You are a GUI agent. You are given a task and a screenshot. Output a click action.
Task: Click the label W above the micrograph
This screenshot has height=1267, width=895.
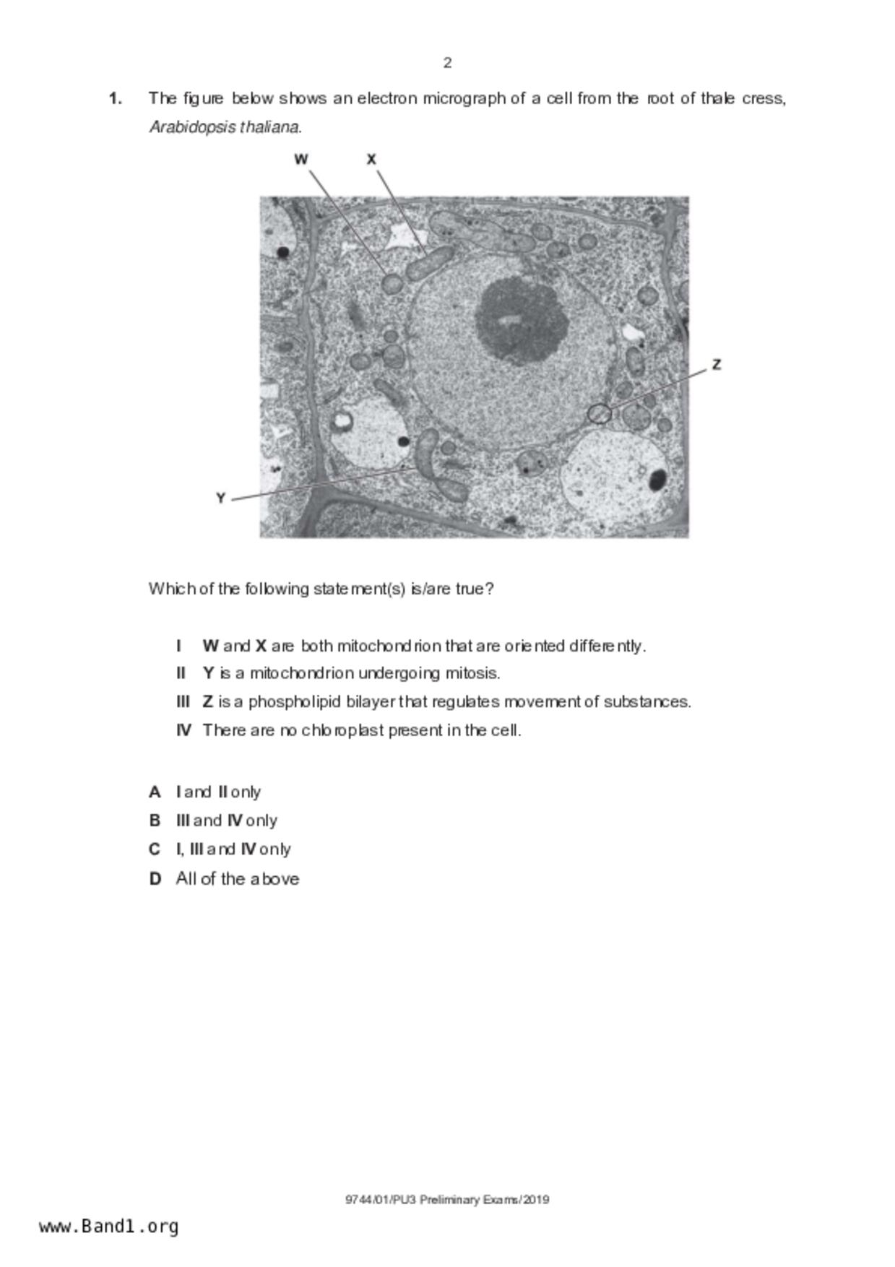301,160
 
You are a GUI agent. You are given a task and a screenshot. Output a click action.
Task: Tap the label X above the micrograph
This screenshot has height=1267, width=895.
371,160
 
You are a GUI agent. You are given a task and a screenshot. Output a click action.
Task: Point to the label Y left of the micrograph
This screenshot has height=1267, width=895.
221,498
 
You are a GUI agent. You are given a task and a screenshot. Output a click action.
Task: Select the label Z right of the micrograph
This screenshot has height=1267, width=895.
716,365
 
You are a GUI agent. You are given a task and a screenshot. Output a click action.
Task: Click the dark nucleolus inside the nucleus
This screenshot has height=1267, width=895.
519,320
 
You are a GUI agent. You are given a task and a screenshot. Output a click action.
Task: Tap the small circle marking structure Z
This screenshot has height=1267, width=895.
599,414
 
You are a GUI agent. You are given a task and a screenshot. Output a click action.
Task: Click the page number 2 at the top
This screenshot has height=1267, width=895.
447,63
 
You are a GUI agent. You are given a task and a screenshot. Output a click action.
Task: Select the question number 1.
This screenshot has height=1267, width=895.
115,98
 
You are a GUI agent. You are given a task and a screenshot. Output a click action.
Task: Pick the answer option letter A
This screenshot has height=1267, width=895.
155,792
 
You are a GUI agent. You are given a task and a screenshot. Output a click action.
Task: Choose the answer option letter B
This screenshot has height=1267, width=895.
155,821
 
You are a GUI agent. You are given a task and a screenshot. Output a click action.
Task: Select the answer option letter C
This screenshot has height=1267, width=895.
155,849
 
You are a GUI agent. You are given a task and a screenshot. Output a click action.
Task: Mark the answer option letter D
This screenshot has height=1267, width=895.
155,879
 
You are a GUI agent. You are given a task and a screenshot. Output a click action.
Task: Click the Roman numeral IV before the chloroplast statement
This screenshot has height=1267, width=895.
184,730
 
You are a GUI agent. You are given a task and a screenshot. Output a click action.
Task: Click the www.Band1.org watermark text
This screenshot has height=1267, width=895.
109,1227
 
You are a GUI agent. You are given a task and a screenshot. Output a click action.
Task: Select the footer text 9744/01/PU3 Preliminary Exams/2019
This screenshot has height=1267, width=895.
447,1200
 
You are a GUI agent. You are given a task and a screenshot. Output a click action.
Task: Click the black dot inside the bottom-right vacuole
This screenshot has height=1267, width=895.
657,479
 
